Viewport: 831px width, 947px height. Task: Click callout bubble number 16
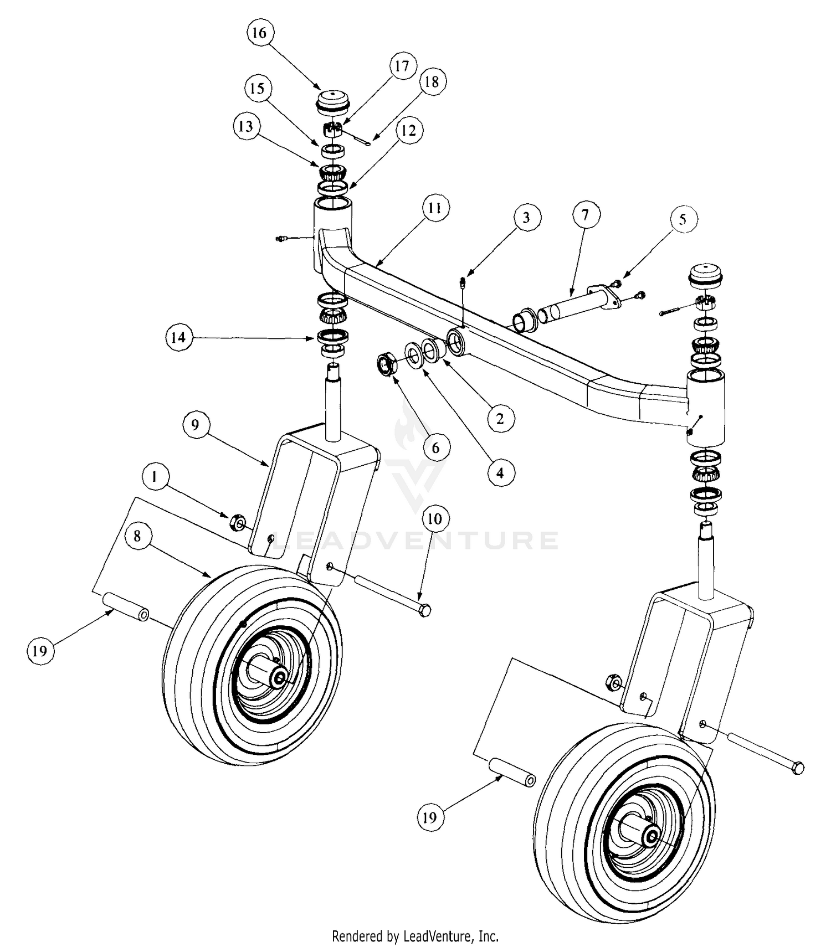[259, 33]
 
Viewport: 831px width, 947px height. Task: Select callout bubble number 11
[435, 208]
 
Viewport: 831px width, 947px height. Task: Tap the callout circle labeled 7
[586, 214]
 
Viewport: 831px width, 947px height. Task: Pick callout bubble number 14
[178, 337]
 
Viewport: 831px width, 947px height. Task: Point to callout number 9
[194, 425]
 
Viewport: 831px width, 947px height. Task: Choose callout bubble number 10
[435, 519]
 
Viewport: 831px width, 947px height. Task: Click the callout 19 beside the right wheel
[430, 817]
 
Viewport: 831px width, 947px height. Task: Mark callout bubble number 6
[435, 447]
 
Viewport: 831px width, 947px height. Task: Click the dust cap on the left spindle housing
[331, 101]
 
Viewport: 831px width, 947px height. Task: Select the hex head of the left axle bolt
[425, 611]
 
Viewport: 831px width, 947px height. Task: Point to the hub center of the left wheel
[278, 676]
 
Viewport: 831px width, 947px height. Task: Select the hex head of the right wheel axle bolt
[798, 768]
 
